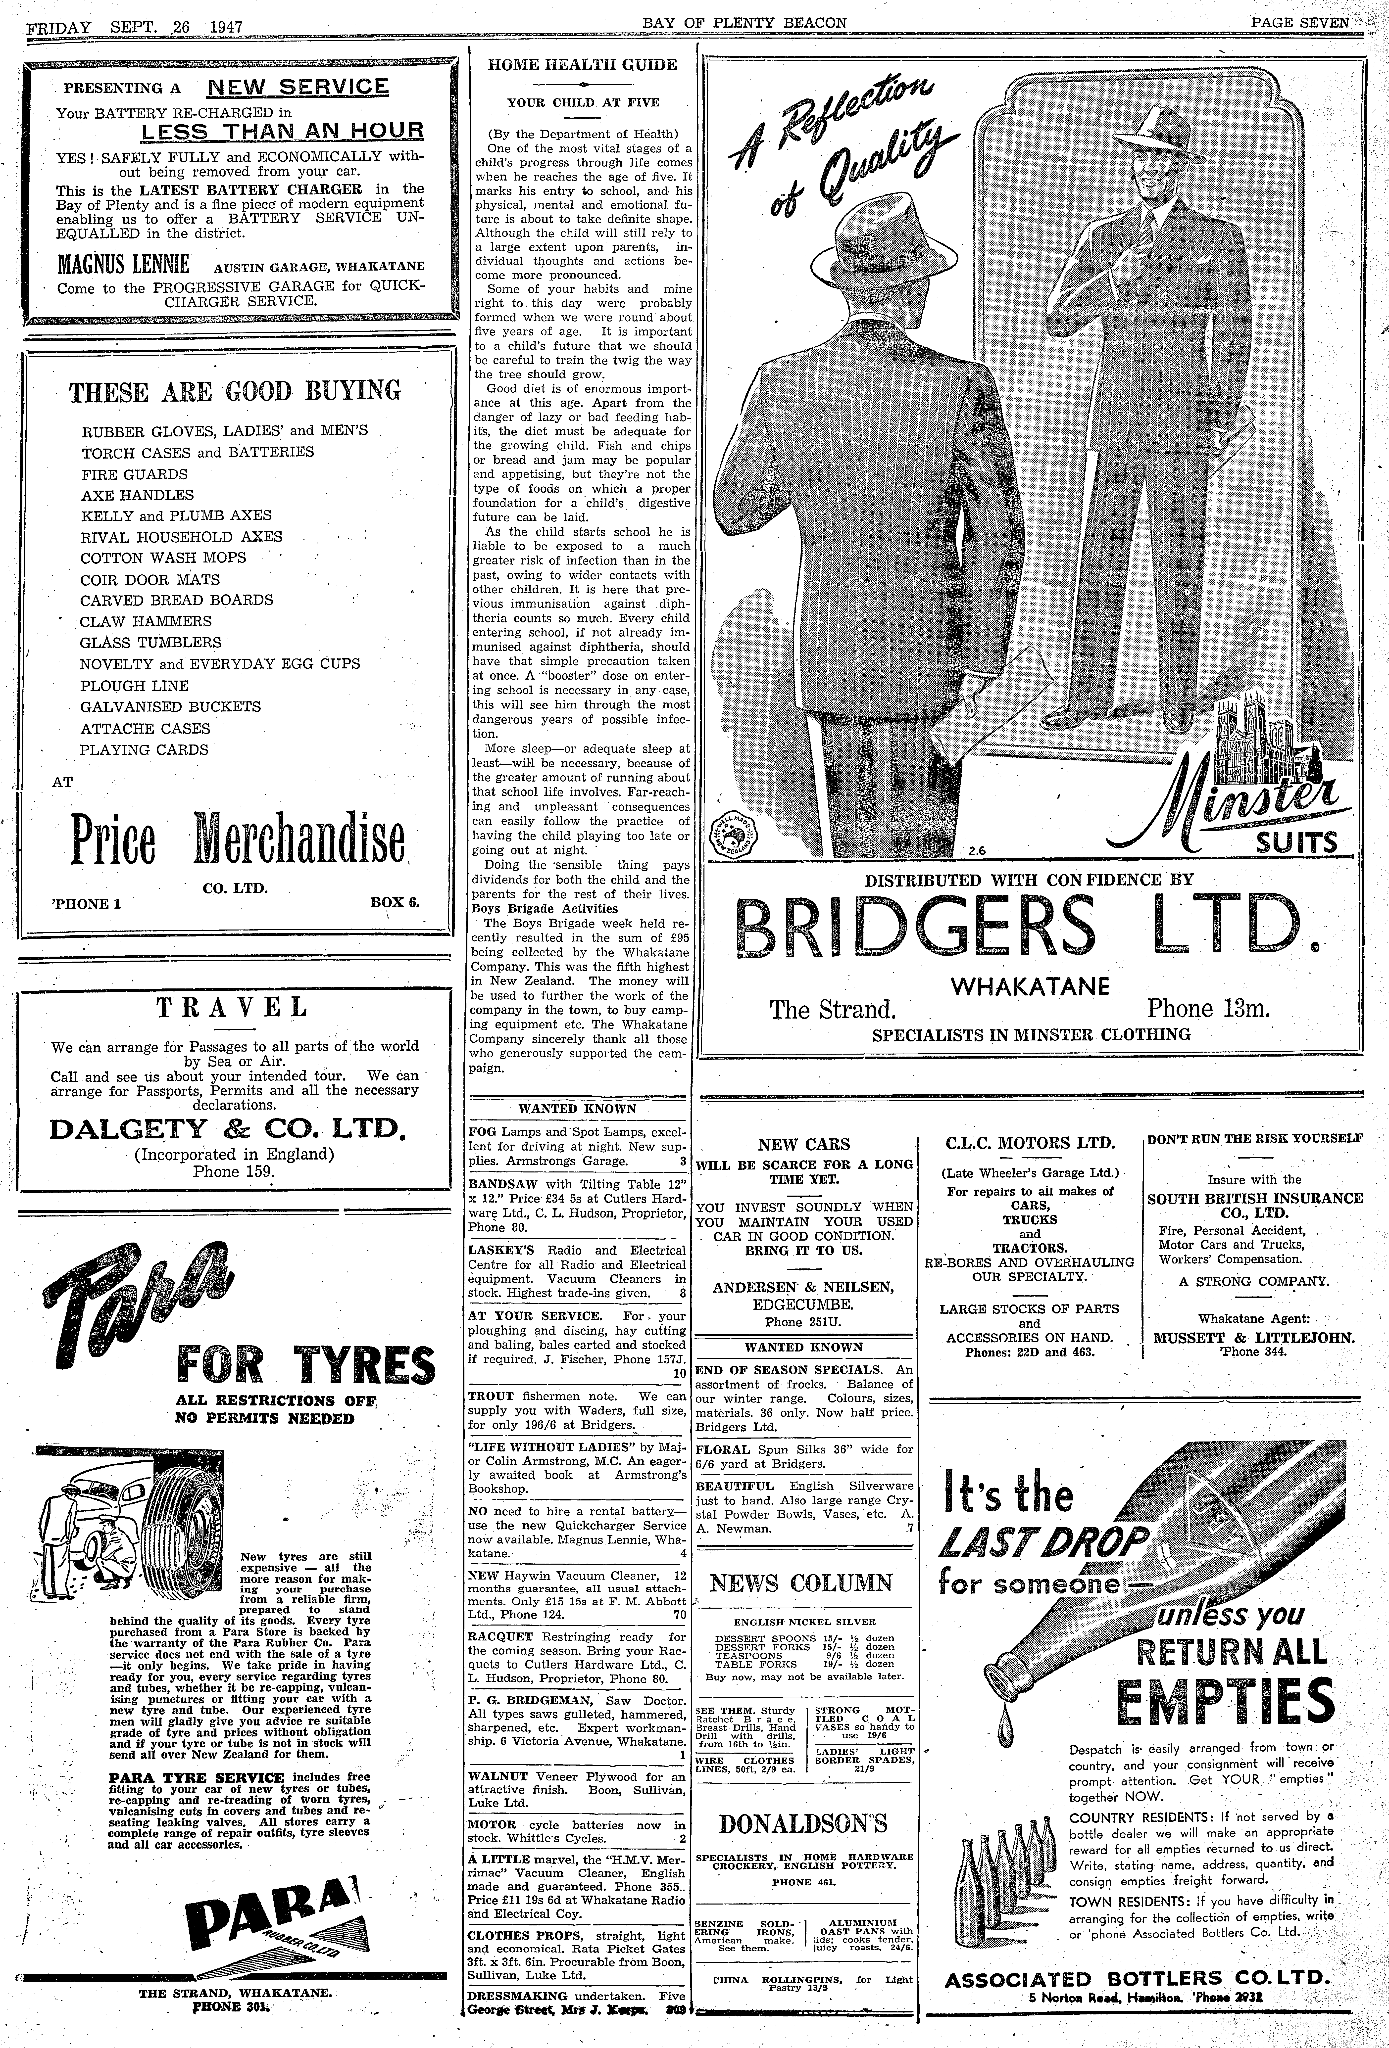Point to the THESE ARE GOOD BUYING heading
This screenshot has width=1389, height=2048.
[x=234, y=390]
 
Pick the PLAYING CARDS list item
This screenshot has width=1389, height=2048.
[x=145, y=750]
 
